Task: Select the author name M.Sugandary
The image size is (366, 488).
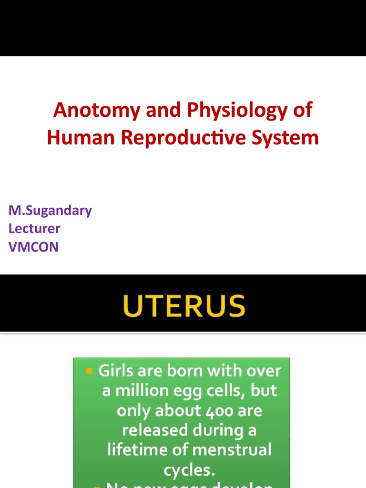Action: (50, 211)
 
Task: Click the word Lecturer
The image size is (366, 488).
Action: (34, 229)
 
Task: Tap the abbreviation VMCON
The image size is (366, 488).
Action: (33, 247)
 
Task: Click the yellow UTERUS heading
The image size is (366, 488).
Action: (183, 306)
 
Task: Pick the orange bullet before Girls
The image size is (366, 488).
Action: (89, 370)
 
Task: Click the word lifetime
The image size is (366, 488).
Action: (135, 449)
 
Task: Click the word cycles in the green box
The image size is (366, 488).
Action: (189, 470)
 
